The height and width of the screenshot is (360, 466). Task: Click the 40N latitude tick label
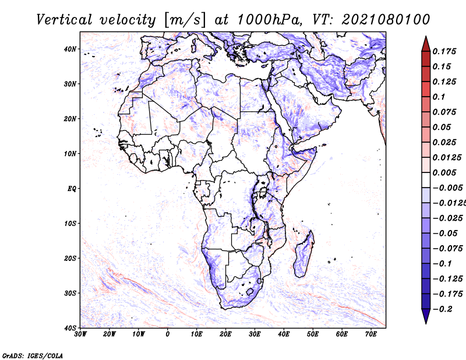coord(70,49)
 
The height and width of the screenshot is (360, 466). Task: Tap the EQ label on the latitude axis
coord(72,189)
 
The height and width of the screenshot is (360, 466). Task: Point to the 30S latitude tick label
coord(70,293)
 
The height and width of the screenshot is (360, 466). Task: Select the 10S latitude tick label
coord(70,224)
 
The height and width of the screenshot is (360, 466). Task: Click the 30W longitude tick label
coord(80,334)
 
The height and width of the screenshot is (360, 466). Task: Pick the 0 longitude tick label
coord(168,334)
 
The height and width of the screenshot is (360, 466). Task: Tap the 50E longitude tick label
coord(313,334)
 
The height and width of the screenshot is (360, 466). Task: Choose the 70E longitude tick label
coord(371,334)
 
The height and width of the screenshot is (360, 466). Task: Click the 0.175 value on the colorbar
coord(444,51)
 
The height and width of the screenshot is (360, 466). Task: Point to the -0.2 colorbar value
coord(442,309)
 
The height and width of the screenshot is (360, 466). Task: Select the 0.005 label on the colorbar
coord(444,172)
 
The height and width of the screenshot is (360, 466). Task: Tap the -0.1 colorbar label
coord(442,264)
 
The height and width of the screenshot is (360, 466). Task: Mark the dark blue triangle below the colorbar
coord(426,316)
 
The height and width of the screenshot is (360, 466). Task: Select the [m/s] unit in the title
coord(185,20)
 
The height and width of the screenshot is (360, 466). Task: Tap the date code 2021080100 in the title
coord(386,20)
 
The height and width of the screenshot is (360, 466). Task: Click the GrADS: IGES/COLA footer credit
coord(33,355)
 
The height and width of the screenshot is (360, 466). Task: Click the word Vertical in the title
coord(64,20)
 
